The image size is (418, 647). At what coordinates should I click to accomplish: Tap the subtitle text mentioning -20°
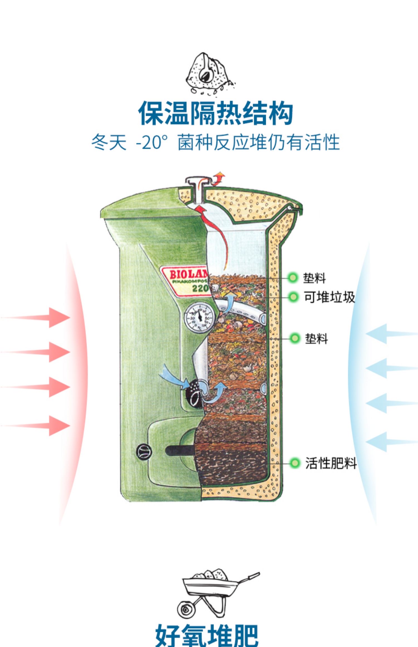coord(215,142)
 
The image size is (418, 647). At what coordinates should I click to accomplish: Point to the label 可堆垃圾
coord(329,297)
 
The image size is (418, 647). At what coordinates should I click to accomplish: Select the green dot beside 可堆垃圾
coord(293,297)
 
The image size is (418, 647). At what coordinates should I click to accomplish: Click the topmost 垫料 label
coord(314,278)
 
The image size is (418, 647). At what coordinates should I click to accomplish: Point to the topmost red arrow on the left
coord(56,317)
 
